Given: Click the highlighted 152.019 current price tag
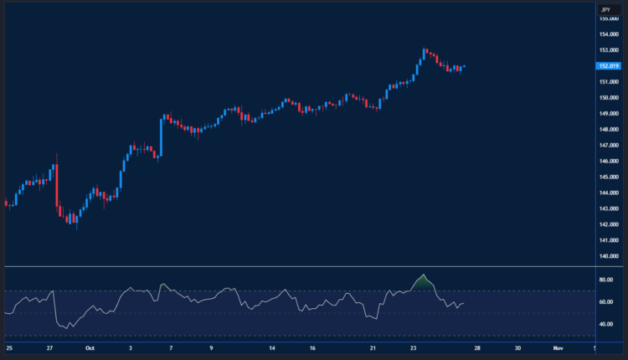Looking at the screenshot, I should click(609, 66).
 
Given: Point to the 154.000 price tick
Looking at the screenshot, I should click(609, 34).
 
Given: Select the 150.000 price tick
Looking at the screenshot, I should click(609, 97).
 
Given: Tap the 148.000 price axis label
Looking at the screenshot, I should click(609, 129).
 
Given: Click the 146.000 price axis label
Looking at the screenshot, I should click(609, 161).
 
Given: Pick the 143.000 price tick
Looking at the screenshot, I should click(609, 208).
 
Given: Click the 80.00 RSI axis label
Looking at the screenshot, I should click(607, 280).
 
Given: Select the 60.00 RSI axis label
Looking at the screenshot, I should click(607, 301).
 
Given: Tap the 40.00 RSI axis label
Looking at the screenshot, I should click(607, 324).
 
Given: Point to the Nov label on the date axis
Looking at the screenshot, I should click(557, 347).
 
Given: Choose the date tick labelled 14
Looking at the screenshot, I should click(272, 347).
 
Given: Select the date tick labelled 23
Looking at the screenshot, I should click(413, 347).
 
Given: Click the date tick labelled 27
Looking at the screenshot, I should click(49, 347).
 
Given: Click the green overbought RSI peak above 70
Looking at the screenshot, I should click(424, 281).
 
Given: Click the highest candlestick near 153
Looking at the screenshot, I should click(425, 54).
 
